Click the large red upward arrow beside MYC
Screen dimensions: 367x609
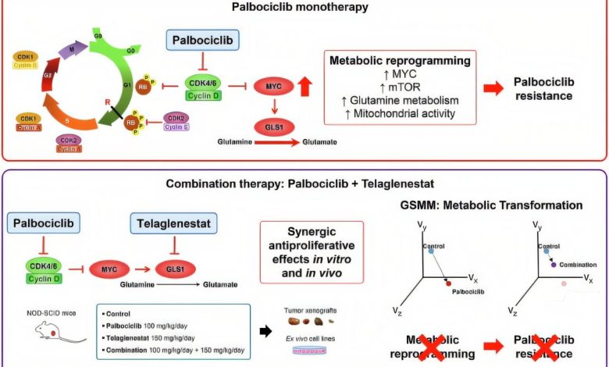[x=305, y=83]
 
